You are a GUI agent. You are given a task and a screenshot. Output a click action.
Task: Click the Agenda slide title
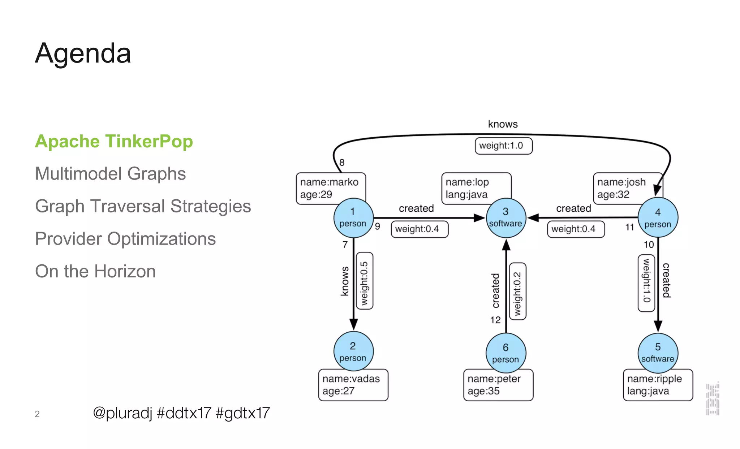tap(83, 53)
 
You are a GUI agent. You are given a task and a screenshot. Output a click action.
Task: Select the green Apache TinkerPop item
tap(114, 141)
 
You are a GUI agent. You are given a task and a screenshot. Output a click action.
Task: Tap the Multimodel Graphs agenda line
tap(110, 174)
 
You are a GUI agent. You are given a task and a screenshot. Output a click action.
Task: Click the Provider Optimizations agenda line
tap(125, 239)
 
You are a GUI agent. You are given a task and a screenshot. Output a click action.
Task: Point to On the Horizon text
tap(95, 271)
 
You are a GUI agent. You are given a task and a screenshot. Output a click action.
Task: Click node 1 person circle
tap(353, 218)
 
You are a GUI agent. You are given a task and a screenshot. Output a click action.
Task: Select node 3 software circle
tap(505, 218)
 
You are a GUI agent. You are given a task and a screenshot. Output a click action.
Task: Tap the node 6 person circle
tap(505, 353)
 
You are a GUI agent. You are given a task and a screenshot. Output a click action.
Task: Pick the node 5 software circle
tap(658, 353)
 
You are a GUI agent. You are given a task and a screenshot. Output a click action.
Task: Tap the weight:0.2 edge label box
tap(517, 291)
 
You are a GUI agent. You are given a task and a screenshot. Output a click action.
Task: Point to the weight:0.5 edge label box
tap(365, 281)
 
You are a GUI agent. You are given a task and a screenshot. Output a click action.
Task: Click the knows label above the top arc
tap(503, 124)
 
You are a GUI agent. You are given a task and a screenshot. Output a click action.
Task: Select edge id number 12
tap(495, 320)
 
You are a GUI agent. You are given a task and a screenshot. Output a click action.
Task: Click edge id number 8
tap(342, 163)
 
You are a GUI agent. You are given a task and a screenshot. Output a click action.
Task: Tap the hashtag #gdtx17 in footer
tap(242, 413)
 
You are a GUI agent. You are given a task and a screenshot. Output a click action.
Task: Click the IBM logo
tap(713, 399)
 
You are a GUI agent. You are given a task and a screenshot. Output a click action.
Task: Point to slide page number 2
tap(37, 414)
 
